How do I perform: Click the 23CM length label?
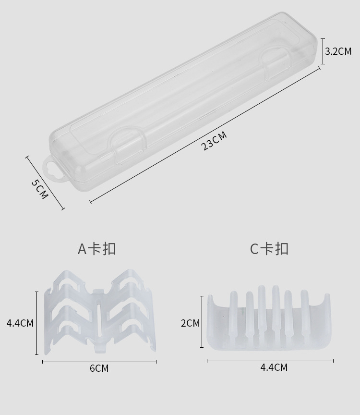tap(214, 141)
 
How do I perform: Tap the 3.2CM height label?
tap(338, 51)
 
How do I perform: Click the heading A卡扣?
tap(97, 249)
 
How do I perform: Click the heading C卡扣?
tap(269, 249)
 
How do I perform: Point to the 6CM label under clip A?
tap(99, 368)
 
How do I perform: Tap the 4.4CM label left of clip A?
tap(20, 323)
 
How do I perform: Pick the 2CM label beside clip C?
tap(190, 323)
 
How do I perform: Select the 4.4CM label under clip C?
tap(274, 367)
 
